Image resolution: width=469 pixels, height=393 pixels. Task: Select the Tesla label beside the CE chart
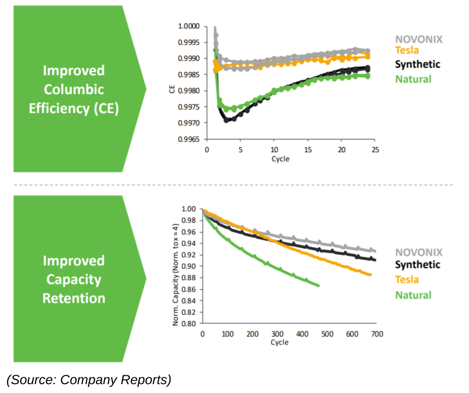click(407, 50)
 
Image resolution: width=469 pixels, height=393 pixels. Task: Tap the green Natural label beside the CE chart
click(413, 79)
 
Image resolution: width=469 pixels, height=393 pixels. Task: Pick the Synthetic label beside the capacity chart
click(417, 265)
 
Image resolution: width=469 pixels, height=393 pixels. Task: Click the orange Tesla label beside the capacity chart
click(407, 280)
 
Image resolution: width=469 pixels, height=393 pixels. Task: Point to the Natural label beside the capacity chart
click(413, 295)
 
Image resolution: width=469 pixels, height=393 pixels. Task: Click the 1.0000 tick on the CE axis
click(189, 26)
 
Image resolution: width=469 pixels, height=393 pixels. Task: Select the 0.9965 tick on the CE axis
click(189, 140)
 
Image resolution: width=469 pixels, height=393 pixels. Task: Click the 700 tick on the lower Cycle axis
click(376, 334)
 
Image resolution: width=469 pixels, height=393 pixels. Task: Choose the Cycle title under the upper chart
click(280, 159)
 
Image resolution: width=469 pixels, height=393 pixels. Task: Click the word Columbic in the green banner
click(74, 89)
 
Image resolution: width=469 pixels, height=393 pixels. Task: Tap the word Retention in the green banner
click(74, 298)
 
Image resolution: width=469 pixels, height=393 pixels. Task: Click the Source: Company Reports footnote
click(89, 380)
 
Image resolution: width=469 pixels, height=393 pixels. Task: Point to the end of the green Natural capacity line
click(319, 285)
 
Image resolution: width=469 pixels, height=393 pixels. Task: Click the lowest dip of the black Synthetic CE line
click(226, 120)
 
